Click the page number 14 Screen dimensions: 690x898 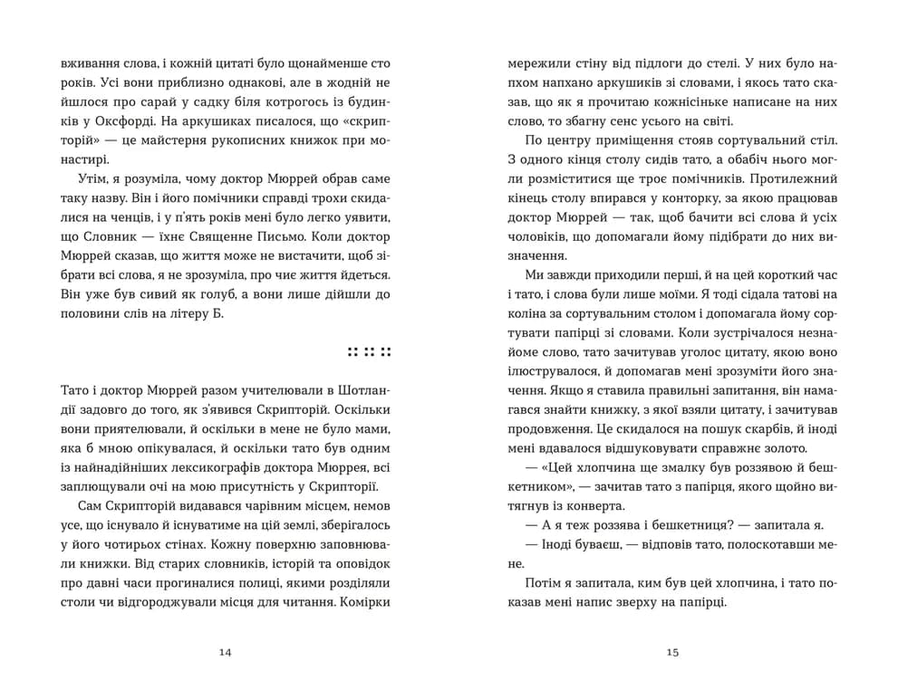[226, 652]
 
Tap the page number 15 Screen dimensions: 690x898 [671, 652]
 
